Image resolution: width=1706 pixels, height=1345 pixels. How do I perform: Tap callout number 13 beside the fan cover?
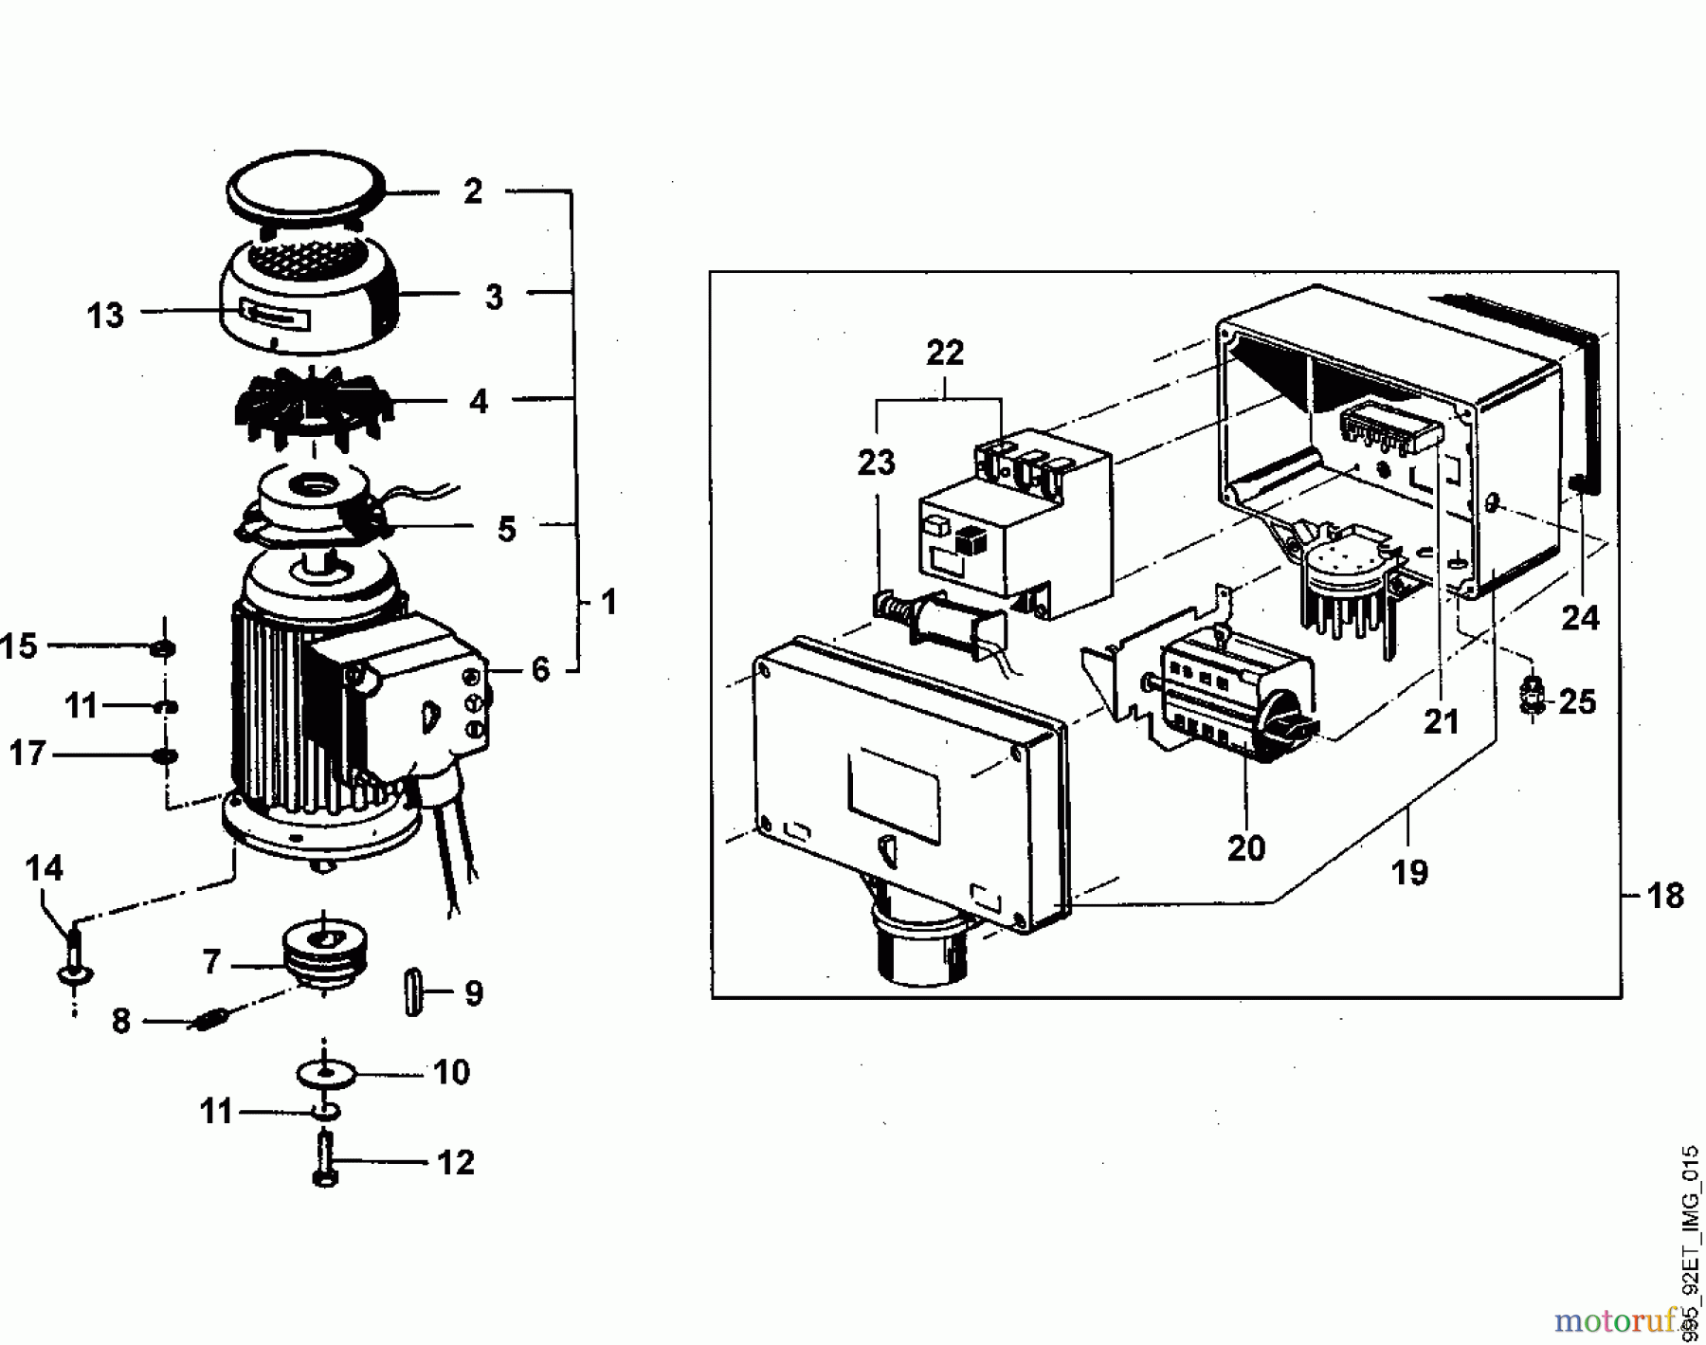pos(105,315)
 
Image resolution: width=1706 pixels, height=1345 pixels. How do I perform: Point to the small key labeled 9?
pos(412,992)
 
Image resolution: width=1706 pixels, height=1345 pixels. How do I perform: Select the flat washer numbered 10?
pos(323,1075)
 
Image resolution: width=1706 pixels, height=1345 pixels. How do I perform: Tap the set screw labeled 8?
pos(210,1021)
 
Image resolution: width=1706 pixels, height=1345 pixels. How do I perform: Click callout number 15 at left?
pos(19,647)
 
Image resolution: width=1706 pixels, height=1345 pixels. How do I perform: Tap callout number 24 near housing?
pos(1580,619)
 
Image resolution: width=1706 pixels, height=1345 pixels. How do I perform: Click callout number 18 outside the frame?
pos(1665,895)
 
